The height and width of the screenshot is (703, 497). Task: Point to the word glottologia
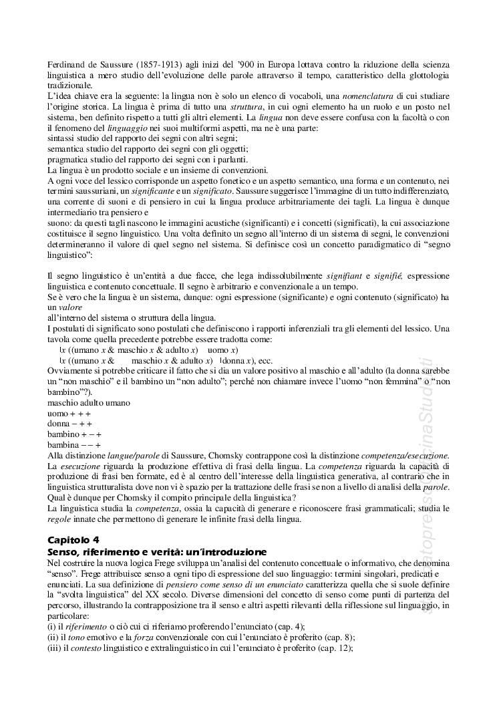422,76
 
